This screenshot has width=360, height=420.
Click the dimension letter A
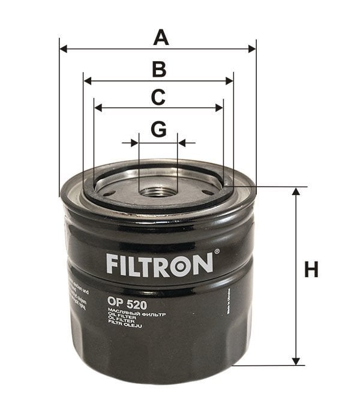pos(160,37)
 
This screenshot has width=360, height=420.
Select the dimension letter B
pos(158,70)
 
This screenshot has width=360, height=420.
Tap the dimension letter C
pos(158,97)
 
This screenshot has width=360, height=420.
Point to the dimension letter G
pos(158,129)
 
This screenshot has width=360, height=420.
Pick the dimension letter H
pos(311,270)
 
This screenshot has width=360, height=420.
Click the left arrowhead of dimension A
pos(64,49)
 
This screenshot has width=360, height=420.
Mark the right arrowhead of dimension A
pos(252,49)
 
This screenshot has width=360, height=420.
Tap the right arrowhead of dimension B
pos(229,80)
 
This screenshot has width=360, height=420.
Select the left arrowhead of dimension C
pos(98,108)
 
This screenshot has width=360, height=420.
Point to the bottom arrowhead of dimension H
pos(296,361)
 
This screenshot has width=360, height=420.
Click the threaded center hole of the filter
pos(158,192)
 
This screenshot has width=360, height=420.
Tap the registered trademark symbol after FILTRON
pos(217,253)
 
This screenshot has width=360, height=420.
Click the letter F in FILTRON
pos(112,264)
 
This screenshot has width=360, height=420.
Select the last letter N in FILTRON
pos(202,264)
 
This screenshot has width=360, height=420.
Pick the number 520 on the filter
pos(137,304)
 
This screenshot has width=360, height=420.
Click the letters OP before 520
pos(115,304)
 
